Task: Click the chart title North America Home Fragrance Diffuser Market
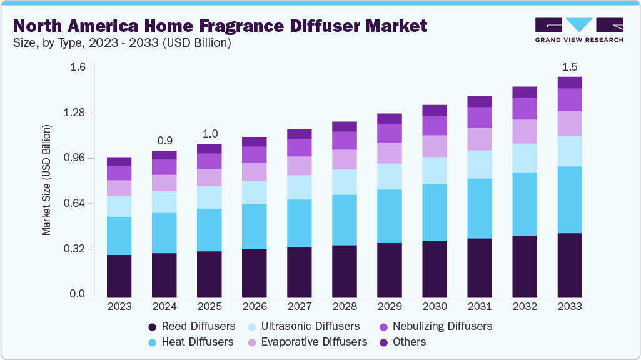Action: pos(220,26)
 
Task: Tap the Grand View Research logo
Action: pos(579,30)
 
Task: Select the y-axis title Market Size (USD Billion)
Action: pos(46,181)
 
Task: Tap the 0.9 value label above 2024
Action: pos(164,139)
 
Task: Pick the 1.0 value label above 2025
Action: pos(209,132)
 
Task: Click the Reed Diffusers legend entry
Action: pos(191,326)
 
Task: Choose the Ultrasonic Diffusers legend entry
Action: pos(304,326)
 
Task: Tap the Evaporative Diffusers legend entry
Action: pos(307,342)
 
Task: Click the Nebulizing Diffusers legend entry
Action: pos(436,326)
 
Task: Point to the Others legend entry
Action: pos(403,342)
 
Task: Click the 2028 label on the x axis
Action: pos(345,307)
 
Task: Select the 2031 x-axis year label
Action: pos(480,307)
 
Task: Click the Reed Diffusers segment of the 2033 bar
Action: pos(570,265)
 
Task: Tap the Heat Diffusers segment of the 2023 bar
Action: pos(119,236)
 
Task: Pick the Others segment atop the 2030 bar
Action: pos(435,110)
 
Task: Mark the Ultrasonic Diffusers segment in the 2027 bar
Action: pos(300,187)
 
